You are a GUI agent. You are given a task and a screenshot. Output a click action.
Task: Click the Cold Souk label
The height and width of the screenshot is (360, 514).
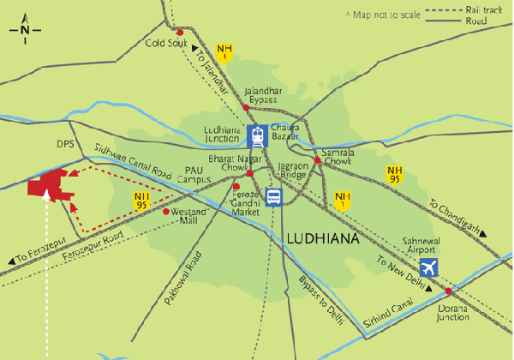click(165, 43)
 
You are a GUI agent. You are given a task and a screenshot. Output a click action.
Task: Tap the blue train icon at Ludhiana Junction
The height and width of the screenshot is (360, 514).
click(256, 135)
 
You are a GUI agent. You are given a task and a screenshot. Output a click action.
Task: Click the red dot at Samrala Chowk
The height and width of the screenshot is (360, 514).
click(317, 160)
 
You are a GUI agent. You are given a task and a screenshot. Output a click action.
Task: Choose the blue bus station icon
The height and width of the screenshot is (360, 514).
click(273, 198)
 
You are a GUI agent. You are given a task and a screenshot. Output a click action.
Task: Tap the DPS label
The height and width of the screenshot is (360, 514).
click(66, 144)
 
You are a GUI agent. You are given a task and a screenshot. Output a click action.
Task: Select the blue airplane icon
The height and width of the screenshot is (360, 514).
click(429, 267)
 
